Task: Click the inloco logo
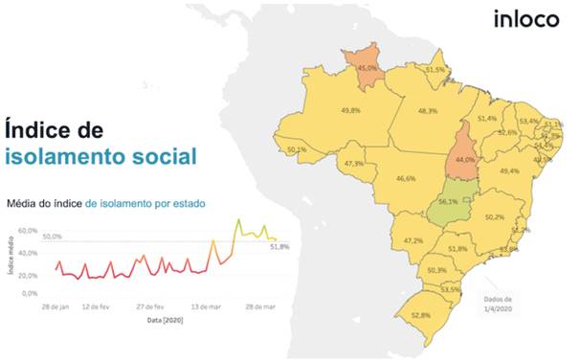tap(525, 19)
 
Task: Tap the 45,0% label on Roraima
tap(366, 69)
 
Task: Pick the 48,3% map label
tap(427, 111)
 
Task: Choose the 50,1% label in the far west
tap(297, 150)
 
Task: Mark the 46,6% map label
tap(406, 179)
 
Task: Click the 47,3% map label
tap(352, 164)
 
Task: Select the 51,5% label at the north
tap(435, 70)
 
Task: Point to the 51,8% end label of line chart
tap(279, 247)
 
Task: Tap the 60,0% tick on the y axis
tap(27, 231)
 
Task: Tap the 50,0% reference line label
tap(52, 236)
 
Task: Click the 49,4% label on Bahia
tap(509, 170)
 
